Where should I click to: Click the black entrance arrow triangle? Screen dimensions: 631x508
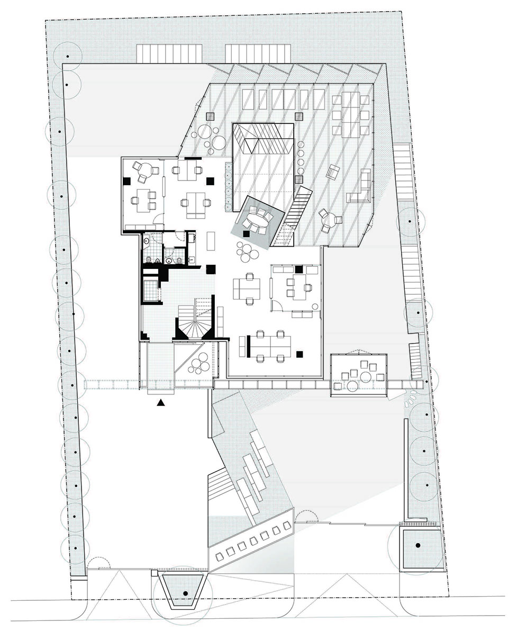pos(161,403)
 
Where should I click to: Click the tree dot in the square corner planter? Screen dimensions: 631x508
pos(418,545)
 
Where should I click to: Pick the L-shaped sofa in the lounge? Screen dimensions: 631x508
pos(360,188)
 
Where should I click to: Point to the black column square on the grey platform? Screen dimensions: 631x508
pos(247,233)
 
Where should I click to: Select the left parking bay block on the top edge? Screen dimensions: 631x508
pos(169,53)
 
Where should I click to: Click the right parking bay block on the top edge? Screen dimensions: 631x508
pos(258,53)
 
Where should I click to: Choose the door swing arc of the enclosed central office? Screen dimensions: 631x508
pos(277,305)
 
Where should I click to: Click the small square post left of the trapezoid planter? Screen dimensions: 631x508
pos(154,573)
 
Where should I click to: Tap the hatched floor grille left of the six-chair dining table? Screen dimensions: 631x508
pos(300,116)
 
